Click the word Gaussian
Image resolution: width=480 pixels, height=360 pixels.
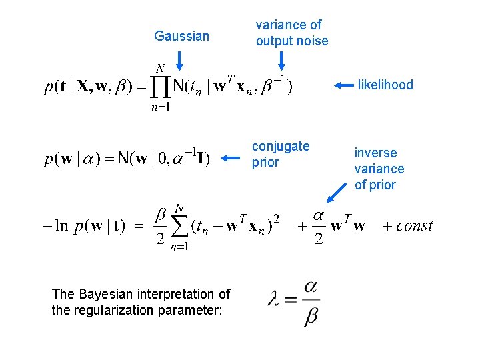[x=181, y=36]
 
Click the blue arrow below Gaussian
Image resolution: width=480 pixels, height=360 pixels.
[x=180, y=61]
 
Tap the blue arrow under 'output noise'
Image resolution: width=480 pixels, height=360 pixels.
[x=281, y=61]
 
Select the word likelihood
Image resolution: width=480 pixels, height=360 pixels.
[x=385, y=85]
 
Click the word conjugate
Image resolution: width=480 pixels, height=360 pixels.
[x=281, y=146]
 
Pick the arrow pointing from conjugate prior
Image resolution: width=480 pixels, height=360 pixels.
[x=229, y=158]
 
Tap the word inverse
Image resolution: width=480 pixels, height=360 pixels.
[x=375, y=153]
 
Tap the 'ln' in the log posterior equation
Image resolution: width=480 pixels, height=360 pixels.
[x=61, y=225]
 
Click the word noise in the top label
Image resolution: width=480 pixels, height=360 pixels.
[x=312, y=41]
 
